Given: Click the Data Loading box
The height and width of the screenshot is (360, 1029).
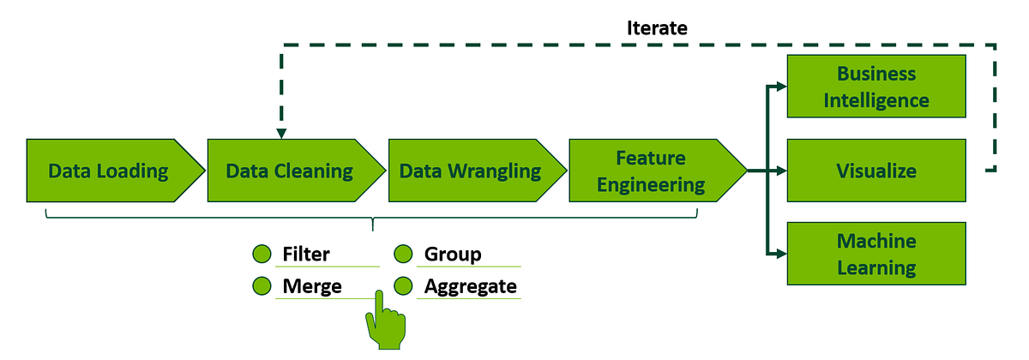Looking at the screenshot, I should click(x=110, y=171).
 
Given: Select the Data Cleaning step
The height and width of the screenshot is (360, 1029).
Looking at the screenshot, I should click(x=290, y=171).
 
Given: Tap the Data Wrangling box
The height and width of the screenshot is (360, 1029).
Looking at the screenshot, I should click(x=470, y=171).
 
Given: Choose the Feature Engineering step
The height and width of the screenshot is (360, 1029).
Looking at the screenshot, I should click(x=652, y=171).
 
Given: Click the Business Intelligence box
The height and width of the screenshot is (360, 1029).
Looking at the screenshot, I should click(x=876, y=87).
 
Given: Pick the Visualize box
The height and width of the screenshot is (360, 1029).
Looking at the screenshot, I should click(x=876, y=171).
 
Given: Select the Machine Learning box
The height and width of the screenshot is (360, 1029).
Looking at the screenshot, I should click(x=876, y=254).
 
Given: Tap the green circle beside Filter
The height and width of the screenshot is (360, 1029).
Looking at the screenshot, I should click(x=262, y=255).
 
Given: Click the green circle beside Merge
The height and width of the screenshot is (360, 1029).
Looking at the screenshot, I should click(x=262, y=285).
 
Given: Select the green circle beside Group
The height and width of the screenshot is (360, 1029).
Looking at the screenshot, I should click(x=404, y=255).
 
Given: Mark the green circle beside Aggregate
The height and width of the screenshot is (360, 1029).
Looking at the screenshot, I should click(x=404, y=285).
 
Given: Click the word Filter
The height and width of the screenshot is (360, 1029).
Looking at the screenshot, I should click(x=306, y=255).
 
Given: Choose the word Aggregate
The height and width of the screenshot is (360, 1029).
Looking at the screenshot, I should click(x=471, y=285).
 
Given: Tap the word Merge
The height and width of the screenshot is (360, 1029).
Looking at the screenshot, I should click(x=312, y=285).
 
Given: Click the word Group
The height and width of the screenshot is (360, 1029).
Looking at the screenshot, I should click(x=453, y=255).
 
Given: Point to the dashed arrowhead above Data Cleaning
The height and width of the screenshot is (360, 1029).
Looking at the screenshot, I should click(x=281, y=132).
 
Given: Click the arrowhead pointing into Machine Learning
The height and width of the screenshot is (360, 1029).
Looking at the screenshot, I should click(x=780, y=254).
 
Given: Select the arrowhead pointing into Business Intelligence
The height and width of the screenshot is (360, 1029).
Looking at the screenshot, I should click(x=780, y=86).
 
